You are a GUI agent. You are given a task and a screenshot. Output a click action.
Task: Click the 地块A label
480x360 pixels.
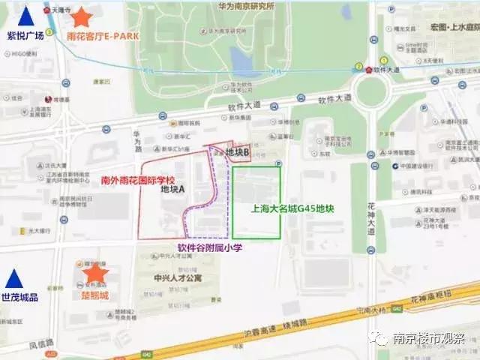173,190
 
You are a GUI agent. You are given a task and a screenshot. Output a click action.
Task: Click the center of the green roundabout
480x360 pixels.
373,92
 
